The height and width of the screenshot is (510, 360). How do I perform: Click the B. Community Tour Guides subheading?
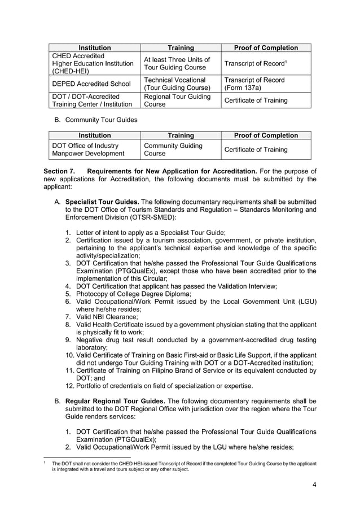pos(95,120)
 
